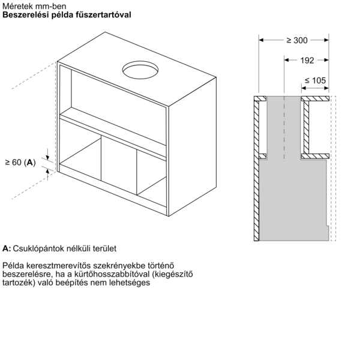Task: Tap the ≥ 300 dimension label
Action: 297,40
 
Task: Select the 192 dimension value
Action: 307,61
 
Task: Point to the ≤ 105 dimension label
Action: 315,80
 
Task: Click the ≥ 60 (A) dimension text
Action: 20,163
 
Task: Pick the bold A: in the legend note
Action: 7,248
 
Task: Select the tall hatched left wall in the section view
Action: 256,169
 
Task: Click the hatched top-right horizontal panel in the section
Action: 315,99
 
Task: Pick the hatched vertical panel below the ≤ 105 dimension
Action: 306,127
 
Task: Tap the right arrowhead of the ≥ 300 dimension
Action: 326,40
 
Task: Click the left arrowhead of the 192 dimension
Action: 287,60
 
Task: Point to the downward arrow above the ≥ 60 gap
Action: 47,154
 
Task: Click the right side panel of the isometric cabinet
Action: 193,147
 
